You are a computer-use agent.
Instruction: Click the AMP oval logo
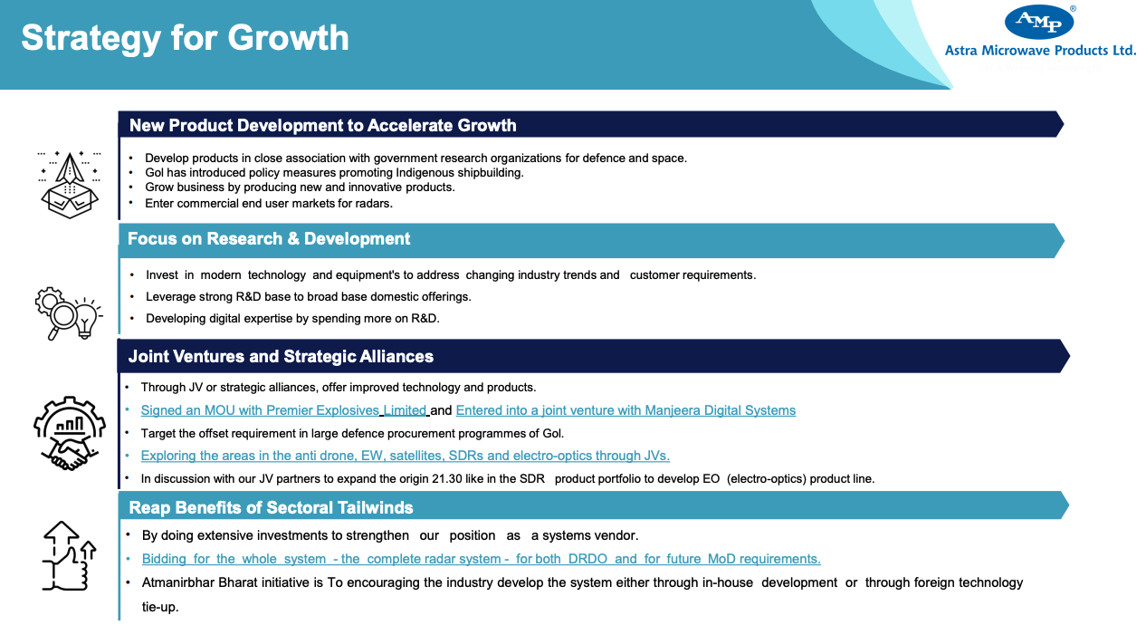[1039, 22]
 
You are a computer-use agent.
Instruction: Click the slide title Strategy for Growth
[186, 38]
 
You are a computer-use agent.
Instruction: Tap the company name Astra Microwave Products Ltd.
[1040, 50]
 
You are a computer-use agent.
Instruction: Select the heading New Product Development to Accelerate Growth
[323, 125]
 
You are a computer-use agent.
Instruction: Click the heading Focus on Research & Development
[269, 238]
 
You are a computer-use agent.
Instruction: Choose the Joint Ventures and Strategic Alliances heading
[281, 356]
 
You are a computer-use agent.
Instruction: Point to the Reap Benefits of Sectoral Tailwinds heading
[271, 508]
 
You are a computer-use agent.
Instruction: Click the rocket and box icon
[70, 185]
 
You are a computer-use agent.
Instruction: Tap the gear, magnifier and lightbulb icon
[69, 313]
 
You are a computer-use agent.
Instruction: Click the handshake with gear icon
[70, 433]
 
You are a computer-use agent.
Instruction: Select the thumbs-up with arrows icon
[69, 556]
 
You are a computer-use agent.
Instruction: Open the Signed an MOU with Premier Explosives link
[284, 410]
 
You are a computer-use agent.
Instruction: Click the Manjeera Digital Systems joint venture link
[626, 410]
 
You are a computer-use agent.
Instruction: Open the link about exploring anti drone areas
[406, 456]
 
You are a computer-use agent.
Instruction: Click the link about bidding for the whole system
[481, 559]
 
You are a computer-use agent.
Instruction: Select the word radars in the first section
[375, 204]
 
